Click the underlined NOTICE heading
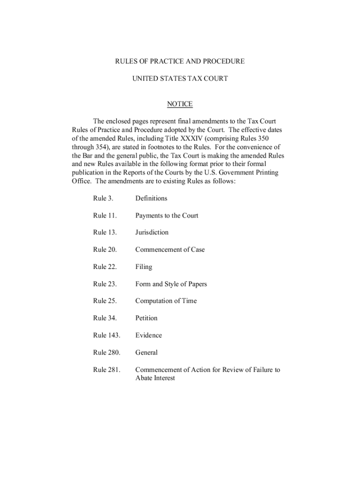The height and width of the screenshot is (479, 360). [180, 104]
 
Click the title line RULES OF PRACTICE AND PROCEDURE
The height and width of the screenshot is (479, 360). [180, 61]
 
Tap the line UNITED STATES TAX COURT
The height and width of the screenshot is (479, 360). [180, 79]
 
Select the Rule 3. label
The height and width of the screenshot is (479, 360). [103, 198]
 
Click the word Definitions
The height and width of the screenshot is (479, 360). [151, 198]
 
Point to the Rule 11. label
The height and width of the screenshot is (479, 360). [105, 216]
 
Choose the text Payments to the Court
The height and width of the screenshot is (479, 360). [166, 216]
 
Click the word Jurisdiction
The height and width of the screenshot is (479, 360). [152, 232]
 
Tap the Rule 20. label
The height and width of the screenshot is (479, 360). [105, 250]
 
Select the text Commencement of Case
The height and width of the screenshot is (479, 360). [170, 250]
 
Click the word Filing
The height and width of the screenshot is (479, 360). [144, 267]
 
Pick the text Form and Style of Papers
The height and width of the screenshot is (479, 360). [171, 284]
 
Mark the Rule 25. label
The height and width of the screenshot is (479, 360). [105, 301]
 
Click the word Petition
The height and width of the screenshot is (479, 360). [146, 318]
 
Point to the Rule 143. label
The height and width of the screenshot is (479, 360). [107, 335]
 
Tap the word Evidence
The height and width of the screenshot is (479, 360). [149, 335]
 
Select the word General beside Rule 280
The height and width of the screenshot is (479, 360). [146, 353]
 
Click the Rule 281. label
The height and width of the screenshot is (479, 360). [107, 370]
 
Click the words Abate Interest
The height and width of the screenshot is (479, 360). [155, 378]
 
